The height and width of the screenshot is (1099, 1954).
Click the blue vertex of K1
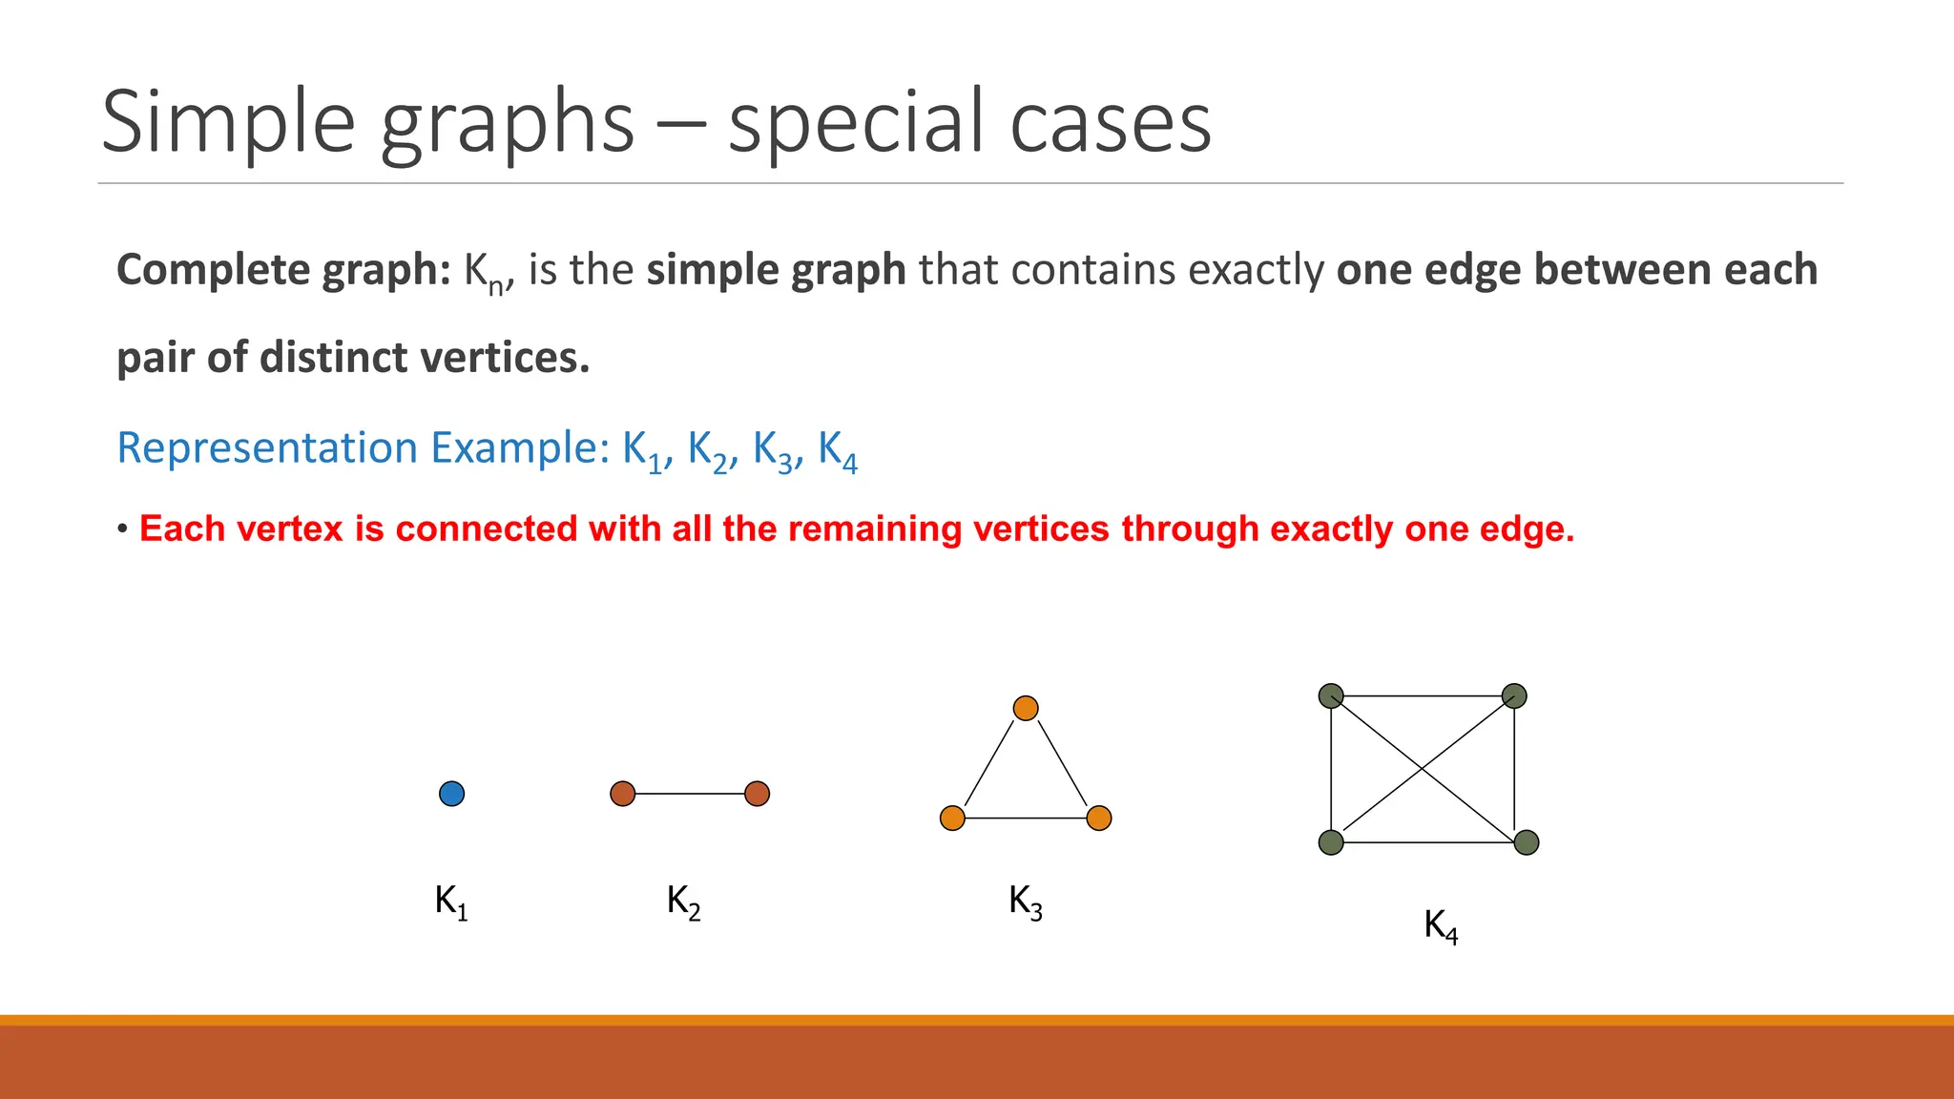[451, 794]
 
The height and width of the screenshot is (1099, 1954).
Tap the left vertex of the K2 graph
[622, 794]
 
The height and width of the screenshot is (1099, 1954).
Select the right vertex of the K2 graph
[757, 794]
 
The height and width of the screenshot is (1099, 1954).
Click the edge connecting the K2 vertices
[690, 794]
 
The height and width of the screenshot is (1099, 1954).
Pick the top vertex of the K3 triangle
[1026, 708]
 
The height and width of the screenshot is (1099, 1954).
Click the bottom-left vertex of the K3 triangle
[952, 819]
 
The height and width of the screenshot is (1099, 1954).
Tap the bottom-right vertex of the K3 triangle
[1099, 819]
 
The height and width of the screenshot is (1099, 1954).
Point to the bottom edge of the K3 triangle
[1026, 819]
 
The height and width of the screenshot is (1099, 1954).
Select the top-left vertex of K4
[1331, 696]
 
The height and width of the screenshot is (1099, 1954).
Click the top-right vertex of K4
[1514, 696]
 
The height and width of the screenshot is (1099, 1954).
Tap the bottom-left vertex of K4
[1331, 842]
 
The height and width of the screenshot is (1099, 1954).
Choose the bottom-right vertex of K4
[1527, 842]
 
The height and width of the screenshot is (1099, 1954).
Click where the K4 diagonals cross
[1423, 768]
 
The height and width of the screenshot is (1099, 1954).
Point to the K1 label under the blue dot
[450, 902]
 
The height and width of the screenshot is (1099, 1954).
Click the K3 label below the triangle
[1025, 902]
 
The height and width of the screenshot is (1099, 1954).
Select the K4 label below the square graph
[1441, 925]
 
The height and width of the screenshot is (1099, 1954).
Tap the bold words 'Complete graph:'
[284, 270]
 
